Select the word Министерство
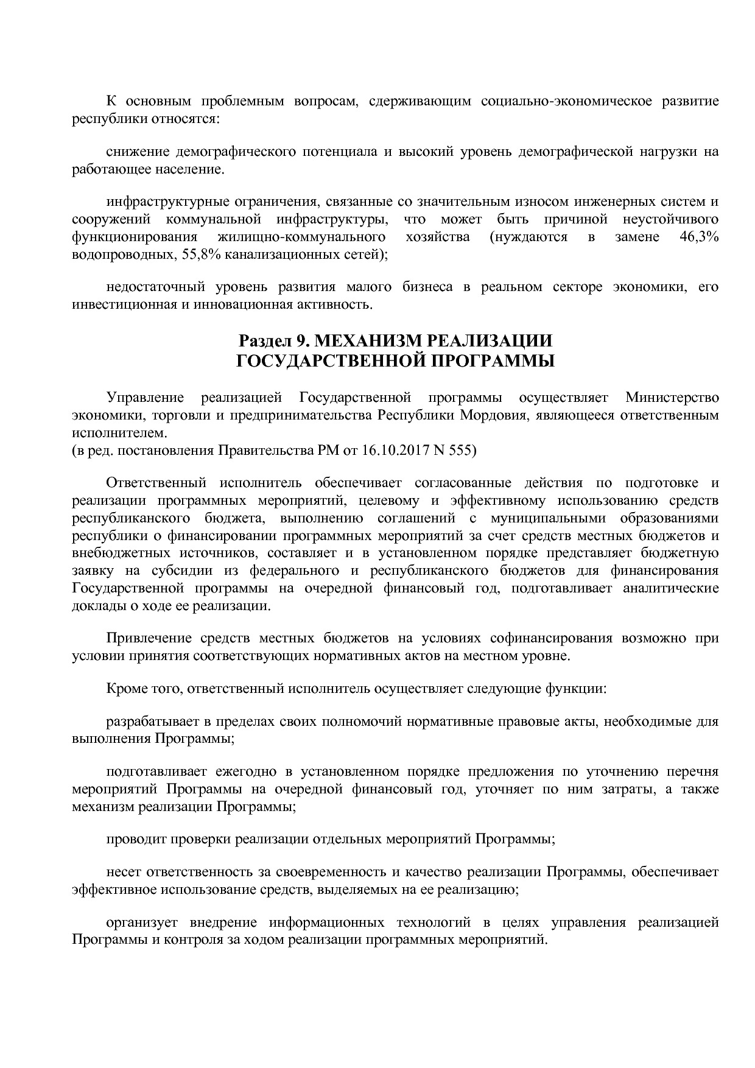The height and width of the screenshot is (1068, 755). click(x=672, y=398)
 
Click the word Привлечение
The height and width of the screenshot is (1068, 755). click(x=145, y=639)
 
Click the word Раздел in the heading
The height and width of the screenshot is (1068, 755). click(x=258, y=340)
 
